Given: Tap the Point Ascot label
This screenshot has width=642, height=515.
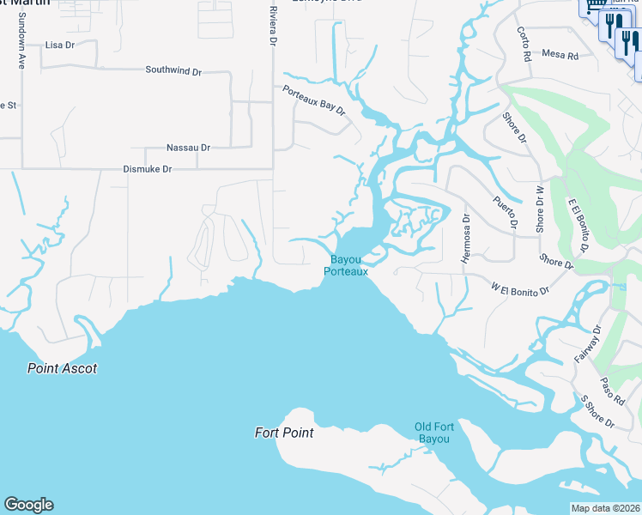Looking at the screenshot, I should point(62,368).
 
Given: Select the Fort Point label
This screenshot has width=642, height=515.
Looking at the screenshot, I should point(284,433).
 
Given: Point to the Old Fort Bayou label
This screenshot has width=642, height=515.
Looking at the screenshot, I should point(433,433).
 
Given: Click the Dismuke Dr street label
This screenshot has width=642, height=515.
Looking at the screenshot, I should point(148,170).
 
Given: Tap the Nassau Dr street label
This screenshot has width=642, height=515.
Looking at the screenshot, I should point(189,148).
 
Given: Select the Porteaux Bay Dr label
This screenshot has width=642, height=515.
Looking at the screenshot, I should point(314,100).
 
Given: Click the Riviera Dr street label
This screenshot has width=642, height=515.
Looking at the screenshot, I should point(273,26).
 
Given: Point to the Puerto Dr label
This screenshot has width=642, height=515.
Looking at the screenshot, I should point(506,213).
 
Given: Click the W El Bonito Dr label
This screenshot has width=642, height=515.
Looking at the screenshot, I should point(520,288).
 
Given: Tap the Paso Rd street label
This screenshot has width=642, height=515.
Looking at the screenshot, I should point(612,390).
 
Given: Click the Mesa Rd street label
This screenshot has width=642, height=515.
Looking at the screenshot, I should point(560,54).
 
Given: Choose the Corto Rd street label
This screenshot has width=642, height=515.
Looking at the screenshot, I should point(523,43).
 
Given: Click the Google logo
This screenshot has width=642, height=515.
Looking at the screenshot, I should point(28,505).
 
